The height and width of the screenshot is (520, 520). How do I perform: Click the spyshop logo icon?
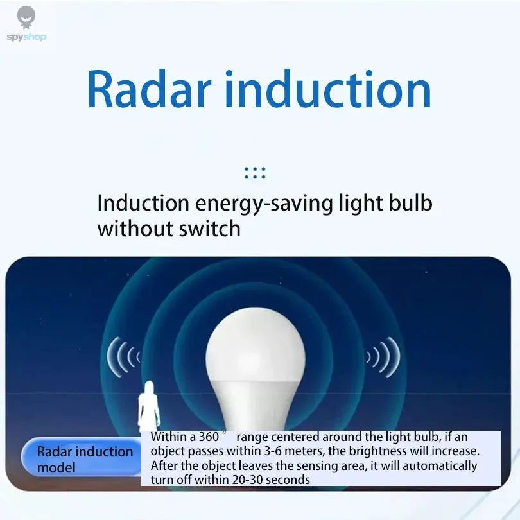[26, 17]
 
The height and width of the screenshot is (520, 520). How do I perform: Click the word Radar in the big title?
[149, 91]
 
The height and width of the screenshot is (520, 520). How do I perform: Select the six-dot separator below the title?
[255, 173]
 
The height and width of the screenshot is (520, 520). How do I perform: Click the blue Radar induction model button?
[82, 459]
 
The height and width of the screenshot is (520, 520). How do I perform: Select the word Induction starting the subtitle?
[143, 204]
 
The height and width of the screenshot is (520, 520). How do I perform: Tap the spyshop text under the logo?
[26, 37]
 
